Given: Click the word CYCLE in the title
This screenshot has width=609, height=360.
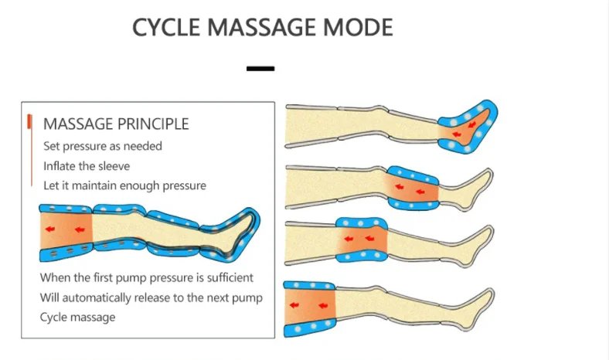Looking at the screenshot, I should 166,28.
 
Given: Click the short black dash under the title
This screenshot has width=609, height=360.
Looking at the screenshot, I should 260,69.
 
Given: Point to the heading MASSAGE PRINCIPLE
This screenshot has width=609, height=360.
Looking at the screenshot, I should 116,124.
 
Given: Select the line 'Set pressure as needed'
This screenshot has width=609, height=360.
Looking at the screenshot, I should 103,145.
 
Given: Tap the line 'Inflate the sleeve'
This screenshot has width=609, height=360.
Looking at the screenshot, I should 87,165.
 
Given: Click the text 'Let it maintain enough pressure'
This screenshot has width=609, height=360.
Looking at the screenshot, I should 124,185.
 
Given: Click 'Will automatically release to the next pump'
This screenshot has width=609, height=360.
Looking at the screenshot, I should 151,297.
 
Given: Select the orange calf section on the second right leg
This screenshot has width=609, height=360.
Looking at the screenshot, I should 412,188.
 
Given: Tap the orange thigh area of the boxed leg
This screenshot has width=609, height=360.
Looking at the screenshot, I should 65,233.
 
